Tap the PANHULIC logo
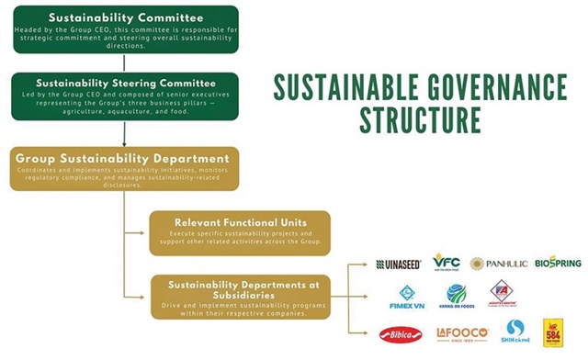(499, 264)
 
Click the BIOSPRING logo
(559, 264)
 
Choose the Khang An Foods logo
(456, 297)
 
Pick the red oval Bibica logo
(401, 333)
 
